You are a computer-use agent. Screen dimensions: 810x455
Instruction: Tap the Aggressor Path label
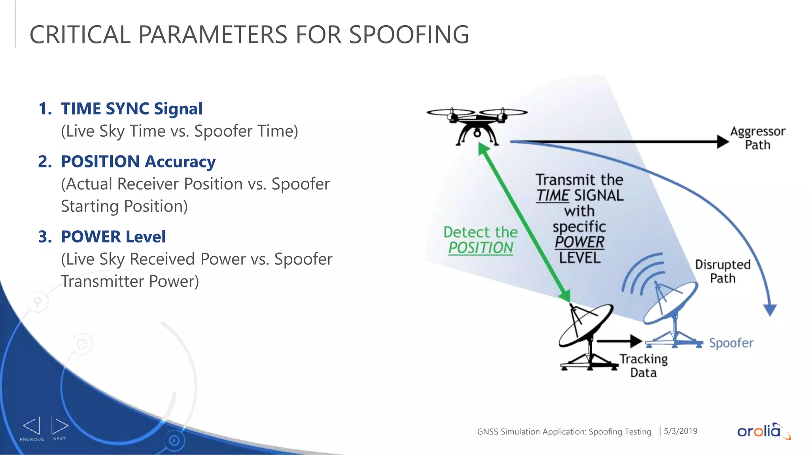(757, 138)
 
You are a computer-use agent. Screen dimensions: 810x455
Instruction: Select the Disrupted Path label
(723, 271)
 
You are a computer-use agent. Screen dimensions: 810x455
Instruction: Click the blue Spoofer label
(731, 343)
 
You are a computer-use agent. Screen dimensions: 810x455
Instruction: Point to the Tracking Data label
(643, 366)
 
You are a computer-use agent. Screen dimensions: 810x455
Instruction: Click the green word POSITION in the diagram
(481, 248)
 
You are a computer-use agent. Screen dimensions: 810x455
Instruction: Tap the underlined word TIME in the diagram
(553, 196)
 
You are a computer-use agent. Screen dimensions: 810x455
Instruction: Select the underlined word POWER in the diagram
(579, 242)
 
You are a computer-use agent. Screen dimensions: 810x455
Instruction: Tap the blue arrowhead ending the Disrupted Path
(770, 310)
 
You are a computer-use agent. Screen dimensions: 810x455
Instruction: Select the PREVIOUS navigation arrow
(32, 426)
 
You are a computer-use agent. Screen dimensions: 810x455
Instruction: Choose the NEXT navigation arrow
(59, 426)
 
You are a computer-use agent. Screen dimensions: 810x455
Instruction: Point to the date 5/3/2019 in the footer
(680, 431)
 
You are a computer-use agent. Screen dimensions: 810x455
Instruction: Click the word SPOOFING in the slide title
(409, 35)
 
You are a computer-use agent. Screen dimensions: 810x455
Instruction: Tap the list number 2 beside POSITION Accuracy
(45, 162)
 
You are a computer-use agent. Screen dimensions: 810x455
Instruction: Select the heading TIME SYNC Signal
(131, 109)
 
